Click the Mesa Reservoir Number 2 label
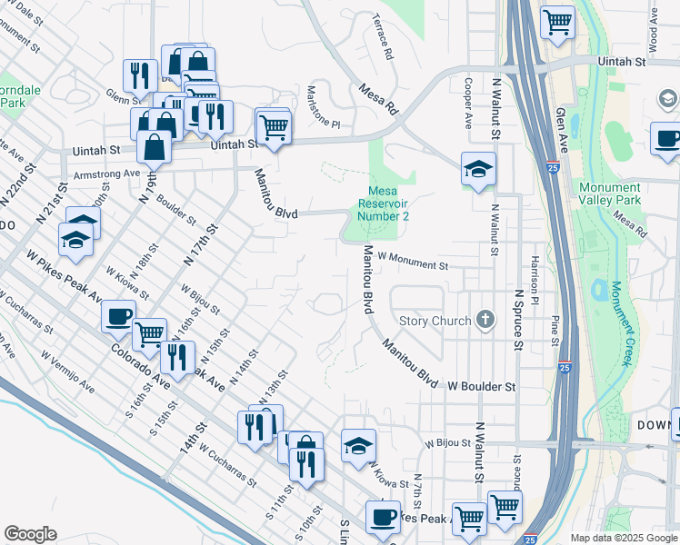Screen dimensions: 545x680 (383, 203)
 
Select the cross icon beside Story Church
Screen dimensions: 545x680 (486, 320)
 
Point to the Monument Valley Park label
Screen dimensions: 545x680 (609, 193)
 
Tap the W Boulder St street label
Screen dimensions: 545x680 (481, 386)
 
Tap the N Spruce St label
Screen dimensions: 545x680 (517, 320)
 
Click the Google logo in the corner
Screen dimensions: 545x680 (30, 534)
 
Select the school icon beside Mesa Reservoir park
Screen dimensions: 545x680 (477, 170)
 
